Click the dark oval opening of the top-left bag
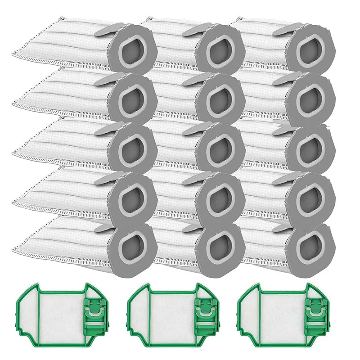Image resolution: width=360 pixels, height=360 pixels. point(132,53)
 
